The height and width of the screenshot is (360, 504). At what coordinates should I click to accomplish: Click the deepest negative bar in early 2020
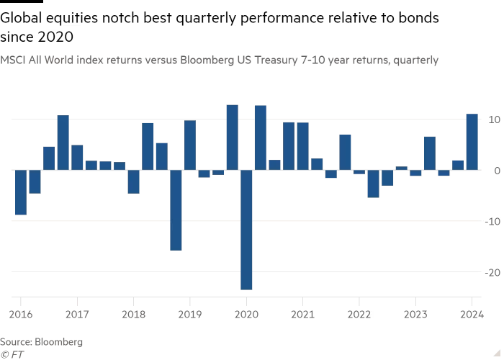tap(246, 230)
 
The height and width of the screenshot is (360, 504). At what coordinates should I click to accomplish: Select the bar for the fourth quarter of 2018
tap(176, 210)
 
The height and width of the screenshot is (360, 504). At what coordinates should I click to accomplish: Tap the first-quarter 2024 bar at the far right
tap(472, 142)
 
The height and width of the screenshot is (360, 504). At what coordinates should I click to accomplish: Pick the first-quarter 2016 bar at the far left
tap(20, 192)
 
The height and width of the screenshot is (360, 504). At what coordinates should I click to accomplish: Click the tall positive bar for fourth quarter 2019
tap(232, 138)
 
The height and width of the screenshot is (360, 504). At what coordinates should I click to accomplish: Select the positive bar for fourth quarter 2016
tap(63, 143)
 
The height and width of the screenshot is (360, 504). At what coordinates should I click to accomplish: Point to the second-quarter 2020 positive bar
tap(260, 138)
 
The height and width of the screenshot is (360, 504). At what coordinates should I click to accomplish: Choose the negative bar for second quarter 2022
tap(373, 184)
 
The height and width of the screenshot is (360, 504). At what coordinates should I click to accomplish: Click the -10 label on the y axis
tap(492, 221)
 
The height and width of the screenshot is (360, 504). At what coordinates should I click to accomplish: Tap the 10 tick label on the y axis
tap(492, 119)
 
